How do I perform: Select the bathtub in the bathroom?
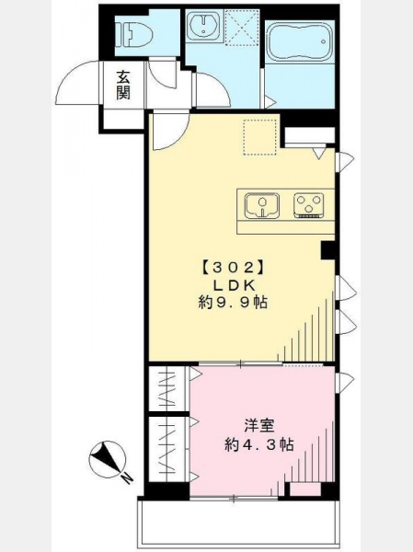[299, 42]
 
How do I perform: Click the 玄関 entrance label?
[123, 86]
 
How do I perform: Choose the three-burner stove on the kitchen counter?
[308, 205]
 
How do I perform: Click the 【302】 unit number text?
[233, 269]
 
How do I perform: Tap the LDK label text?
[233, 285]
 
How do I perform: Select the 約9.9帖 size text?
[233, 303]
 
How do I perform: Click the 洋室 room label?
[259, 425]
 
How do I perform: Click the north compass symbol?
[107, 459]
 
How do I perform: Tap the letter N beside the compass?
[127, 478]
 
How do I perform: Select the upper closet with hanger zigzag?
[168, 388]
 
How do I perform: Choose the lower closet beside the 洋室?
[168, 449]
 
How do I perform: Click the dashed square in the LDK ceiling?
[260, 137]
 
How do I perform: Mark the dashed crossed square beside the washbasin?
[242, 28]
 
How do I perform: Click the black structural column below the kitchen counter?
[327, 250]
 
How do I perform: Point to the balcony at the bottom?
[238, 522]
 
